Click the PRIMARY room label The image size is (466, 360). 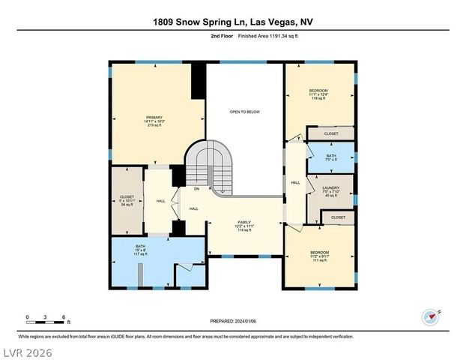point(154,121)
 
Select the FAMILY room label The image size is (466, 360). point(244,226)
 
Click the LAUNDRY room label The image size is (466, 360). point(331,191)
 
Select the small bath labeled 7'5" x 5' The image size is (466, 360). point(331,157)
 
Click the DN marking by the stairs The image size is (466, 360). point(196,189)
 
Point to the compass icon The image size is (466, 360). point(430,316)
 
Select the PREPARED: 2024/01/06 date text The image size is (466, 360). point(232,320)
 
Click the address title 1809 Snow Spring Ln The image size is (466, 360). point(233,22)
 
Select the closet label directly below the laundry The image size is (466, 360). point(337,217)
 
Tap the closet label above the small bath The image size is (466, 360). point(331,133)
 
